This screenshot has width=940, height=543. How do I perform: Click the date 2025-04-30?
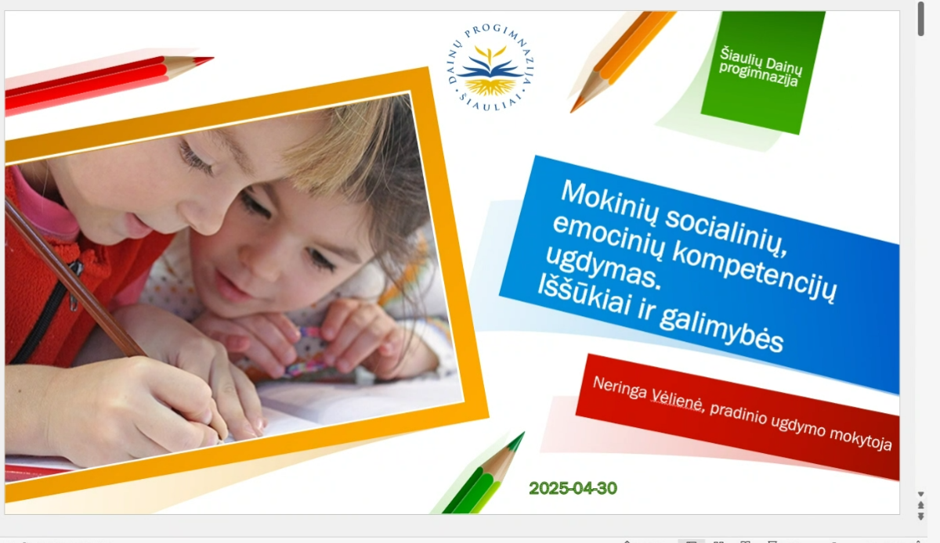573,488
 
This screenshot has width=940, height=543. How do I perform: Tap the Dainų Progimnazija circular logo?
490,68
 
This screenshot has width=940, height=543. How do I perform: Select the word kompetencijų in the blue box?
754,273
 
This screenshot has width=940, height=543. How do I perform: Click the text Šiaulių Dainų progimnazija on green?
760,67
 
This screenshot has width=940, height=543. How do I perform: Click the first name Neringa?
620,388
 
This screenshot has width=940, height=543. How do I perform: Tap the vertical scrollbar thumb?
921,19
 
